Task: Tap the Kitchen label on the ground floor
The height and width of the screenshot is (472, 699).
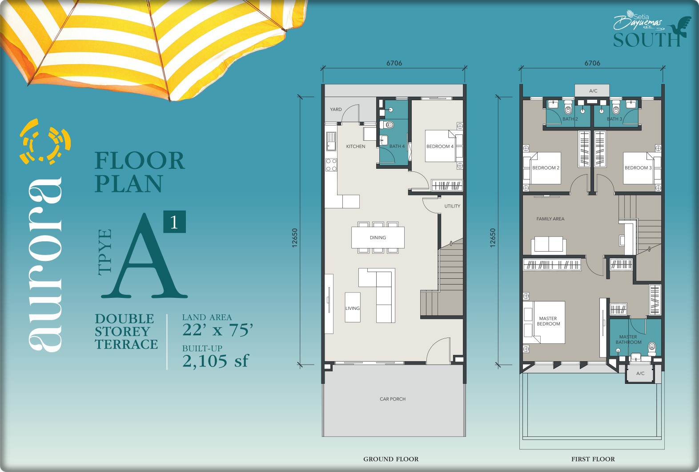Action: [355, 146]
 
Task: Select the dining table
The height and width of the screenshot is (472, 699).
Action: [378, 238]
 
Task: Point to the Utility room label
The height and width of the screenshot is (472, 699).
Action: [452, 206]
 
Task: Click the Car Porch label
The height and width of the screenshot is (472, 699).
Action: [393, 399]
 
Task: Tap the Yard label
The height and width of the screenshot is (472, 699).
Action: [336, 110]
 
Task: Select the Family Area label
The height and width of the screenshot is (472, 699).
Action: [550, 219]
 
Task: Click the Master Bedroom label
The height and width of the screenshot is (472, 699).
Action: [548, 321]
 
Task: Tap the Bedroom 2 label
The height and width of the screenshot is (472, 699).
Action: [546, 168]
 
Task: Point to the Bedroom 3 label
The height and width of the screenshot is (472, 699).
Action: [638, 168]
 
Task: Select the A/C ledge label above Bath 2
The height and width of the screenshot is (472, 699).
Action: [593, 91]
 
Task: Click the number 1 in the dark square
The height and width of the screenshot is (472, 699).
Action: [174, 222]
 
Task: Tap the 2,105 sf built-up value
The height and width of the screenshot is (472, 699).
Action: [215, 361]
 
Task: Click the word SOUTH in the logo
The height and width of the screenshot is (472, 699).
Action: [646, 41]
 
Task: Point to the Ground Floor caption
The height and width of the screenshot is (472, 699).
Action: [391, 459]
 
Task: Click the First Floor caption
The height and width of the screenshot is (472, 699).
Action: [593, 459]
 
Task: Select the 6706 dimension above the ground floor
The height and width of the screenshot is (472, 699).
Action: [394, 63]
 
